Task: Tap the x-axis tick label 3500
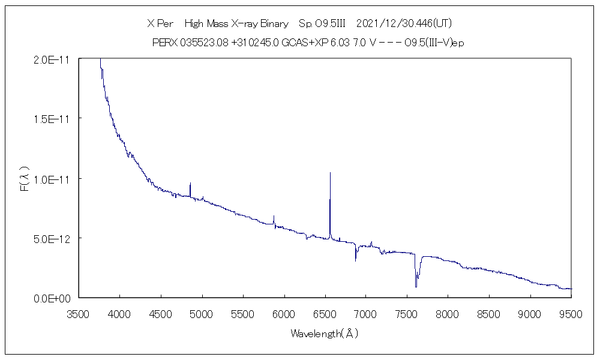pos(79,313)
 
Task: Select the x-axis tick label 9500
pos(571,313)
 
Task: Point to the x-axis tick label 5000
pos(202,313)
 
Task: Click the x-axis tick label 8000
pos(448,313)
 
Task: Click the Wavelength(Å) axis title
pos(324,333)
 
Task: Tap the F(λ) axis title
pos(25,179)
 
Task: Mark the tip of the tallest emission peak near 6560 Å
pos(330,173)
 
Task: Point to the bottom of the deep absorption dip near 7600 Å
pos(416,287)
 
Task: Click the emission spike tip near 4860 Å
pos(190,183)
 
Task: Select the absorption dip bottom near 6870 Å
pos(356,260)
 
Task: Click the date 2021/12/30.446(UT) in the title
pos(403,23)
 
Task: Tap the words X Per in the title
pos(160,23)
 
